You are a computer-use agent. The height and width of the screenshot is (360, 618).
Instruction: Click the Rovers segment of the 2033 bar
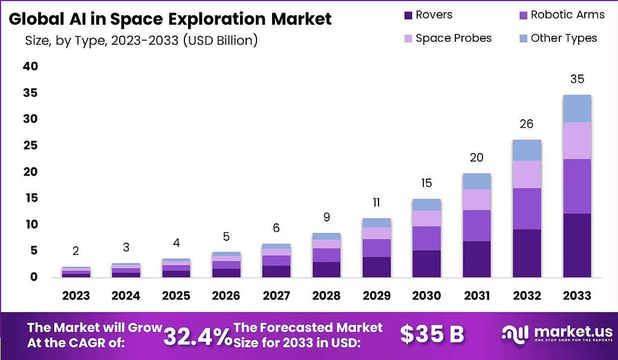click(x=576, y=245)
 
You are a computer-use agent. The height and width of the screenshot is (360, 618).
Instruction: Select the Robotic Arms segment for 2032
click(x=527, y=209)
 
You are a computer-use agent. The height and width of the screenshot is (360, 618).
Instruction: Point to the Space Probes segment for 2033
click(x=576, y=140)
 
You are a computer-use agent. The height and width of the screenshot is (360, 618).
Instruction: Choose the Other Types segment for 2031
click(x=477, y=181)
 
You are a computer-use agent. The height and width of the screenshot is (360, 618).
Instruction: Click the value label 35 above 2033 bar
click(x=577, y=79)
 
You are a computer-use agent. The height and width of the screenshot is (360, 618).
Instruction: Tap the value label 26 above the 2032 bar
click(x=527, y=124)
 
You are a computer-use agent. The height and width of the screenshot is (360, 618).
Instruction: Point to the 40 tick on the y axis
click(x=30, y=67)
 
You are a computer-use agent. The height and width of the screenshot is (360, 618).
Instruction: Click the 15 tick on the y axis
click(x=30, y=198)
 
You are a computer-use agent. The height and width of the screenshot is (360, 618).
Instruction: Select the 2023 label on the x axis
click(x=76, y=296)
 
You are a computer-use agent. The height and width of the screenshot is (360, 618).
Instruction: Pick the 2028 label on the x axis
click(x=327, y=296)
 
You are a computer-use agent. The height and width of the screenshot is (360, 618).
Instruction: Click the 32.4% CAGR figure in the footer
click(x=198, y=336)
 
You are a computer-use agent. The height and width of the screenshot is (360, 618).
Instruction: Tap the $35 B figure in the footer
click(x=432, y=334)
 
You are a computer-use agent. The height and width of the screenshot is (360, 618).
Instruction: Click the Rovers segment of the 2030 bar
click(x=426, y=264)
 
